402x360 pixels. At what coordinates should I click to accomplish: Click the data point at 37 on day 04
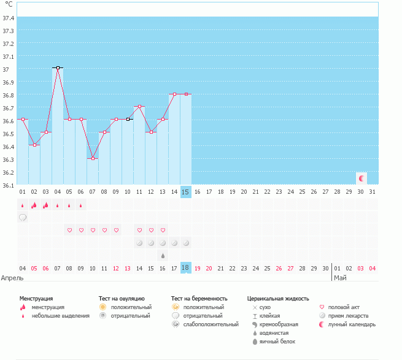[58, 67]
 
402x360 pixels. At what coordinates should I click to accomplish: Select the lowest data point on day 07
[93, 158]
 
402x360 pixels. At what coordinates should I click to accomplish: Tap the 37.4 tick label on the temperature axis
[9, 18]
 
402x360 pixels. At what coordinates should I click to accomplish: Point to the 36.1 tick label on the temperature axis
[9, 185]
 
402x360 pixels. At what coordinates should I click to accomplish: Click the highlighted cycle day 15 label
[186, 192]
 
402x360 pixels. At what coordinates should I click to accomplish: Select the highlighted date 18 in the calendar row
[186, 268]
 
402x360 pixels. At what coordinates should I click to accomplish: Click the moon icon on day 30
[361, 178]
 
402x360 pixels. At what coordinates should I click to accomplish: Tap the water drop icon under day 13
[163, 255]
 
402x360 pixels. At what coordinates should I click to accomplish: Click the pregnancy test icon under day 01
[23, 217]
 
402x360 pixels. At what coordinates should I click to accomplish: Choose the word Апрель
[12, 278]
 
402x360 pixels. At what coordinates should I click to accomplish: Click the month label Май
[340, 278]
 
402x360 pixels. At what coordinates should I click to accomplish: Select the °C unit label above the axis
[9, 5]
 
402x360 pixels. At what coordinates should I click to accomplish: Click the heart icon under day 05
[69, 230]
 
